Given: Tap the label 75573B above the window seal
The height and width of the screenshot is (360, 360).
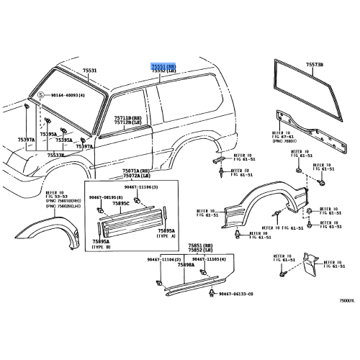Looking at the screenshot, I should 315,65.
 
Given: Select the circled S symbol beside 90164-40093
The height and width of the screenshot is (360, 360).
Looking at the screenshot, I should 41,95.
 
